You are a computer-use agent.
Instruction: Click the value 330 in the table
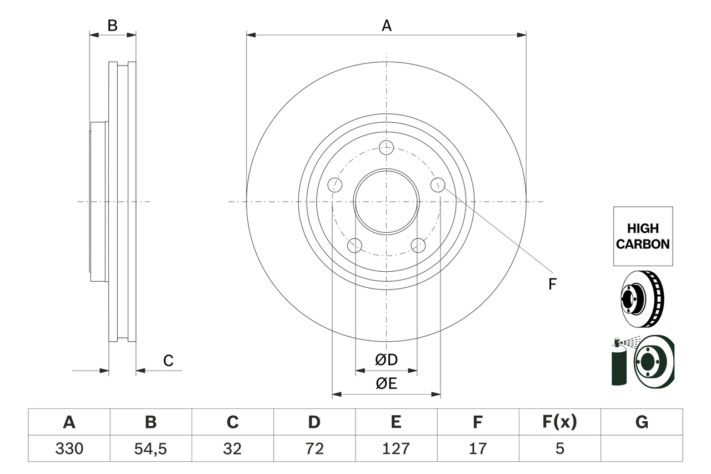69,448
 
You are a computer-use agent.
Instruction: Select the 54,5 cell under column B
151,448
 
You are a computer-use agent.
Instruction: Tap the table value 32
232,448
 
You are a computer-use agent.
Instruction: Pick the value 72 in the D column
314,448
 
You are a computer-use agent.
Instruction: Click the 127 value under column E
395,448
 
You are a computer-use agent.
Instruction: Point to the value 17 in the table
477,448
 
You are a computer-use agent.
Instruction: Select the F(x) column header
559,422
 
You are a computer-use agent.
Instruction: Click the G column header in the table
642,422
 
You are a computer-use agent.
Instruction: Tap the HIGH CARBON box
643,236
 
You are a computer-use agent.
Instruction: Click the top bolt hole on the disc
386,147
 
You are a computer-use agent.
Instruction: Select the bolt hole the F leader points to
438,184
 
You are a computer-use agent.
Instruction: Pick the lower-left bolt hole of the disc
354,245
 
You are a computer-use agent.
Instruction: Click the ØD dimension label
386,360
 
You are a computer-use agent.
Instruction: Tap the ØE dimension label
386,384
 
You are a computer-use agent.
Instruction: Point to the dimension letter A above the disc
386,26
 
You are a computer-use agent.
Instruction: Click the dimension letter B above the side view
112,26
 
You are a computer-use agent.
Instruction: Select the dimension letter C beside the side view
168,361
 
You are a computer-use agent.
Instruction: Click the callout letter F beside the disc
552,285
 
